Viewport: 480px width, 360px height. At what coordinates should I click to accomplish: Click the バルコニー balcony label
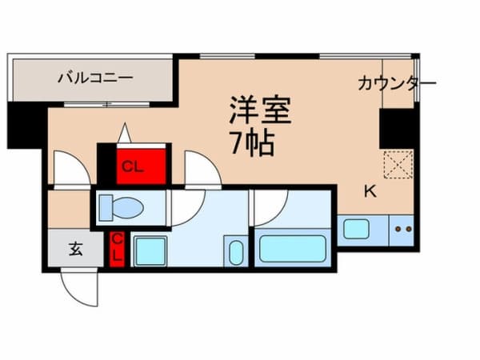pos(94,78)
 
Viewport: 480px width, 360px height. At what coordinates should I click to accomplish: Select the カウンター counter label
pos(396,83)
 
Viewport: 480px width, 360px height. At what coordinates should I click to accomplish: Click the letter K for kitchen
pos(370,191)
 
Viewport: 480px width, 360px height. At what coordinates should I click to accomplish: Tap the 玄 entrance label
pos(74,249)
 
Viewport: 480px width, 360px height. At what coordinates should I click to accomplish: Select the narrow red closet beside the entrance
pos(118,249)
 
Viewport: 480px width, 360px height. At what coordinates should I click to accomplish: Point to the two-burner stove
pos(402,230)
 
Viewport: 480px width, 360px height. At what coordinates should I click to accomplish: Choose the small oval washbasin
pos(236,253)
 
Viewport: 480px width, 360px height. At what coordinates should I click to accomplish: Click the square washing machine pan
pos(152,251)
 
